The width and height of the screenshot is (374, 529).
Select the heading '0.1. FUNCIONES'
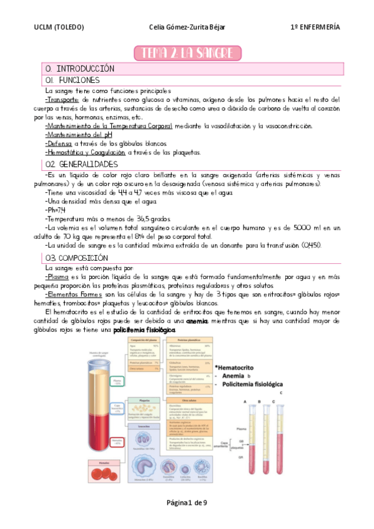pos(72,80)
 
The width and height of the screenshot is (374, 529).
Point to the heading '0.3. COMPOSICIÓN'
pos(76,258)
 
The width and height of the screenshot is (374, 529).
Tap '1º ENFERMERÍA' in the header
pos(315,27)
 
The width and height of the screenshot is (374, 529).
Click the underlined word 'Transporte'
pos(62,100)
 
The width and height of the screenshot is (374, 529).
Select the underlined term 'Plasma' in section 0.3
pos(58,276)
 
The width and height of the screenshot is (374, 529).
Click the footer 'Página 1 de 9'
pos(187,502)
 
